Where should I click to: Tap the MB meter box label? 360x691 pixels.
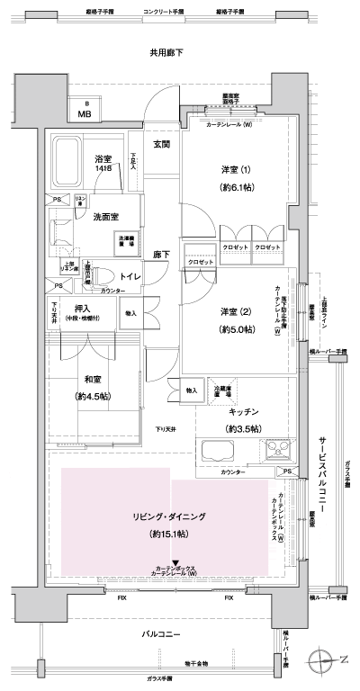coord(84,114)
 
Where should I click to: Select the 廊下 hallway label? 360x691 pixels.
coord(162,255)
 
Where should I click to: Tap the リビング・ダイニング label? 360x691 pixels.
coord(169,516)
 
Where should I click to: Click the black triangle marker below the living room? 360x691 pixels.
coord(175,562)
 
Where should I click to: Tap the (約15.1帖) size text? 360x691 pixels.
coord(169,534)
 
